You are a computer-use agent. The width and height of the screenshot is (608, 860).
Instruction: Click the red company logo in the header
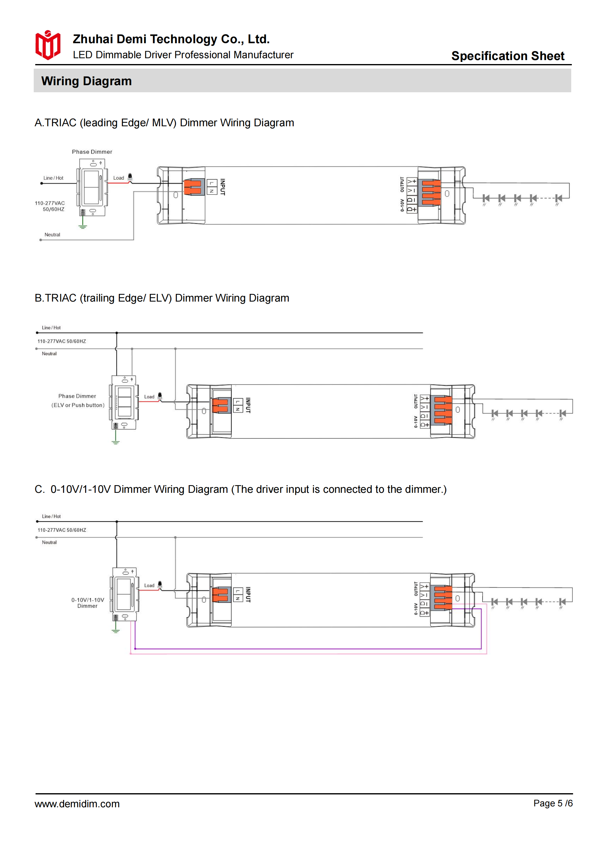[x=47, y=45]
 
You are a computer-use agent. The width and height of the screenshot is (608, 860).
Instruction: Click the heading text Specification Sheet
[x=507, y=56]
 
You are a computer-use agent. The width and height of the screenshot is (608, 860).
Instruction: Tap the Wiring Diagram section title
[x=86, y=81]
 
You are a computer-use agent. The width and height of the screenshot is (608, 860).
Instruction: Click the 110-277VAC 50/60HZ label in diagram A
[x=50, y=206]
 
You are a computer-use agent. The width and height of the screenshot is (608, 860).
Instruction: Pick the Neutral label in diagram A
[x=52, y=234]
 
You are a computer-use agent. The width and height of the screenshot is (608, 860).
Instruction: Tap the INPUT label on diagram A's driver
[x=222, y=187]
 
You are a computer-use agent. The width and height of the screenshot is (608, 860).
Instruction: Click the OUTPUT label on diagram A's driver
[x=402, y=184]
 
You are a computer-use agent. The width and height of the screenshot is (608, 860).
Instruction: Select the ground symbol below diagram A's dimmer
[x=83, y=226]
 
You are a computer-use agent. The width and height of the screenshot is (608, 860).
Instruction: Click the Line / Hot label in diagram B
[x=51, y=327]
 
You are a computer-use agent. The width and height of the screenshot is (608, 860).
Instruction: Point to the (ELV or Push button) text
[x=78, y=405]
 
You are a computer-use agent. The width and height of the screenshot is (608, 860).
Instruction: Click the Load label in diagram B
[x=149, y=397]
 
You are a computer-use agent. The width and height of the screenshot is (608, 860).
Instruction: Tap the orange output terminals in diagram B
[x=443, y=410]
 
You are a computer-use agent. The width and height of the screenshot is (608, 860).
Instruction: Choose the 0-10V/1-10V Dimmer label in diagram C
[x=88, y=603]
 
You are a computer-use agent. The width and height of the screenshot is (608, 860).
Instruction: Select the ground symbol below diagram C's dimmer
[x=116, y=631]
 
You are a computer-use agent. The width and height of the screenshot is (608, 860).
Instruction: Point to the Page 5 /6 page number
[x=553, y=803]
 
